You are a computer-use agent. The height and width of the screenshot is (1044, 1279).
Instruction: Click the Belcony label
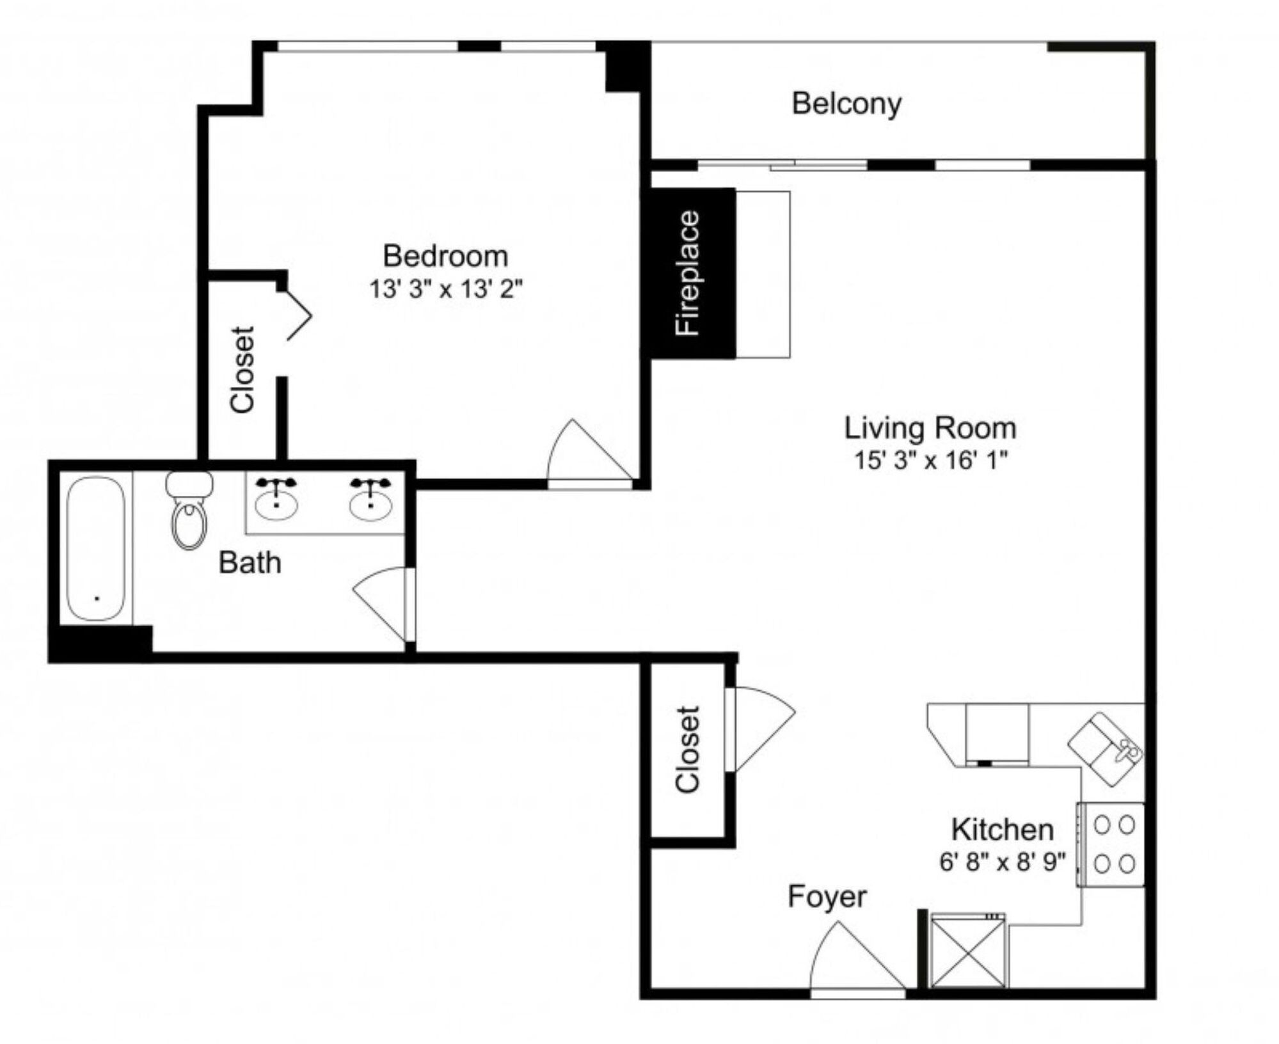846,104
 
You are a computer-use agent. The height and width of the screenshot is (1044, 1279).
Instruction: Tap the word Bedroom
445,256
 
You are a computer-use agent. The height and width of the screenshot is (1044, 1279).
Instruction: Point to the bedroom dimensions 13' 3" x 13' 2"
446,289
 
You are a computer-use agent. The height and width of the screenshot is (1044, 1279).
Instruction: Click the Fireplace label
688,273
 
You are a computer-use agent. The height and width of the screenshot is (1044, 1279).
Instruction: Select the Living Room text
930,428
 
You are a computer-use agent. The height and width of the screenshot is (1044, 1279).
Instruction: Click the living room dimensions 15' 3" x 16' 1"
931,460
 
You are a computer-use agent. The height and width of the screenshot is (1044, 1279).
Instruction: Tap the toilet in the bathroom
189,510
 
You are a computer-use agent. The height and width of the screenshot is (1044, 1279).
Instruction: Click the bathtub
96,548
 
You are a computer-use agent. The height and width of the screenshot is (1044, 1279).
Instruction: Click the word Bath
250,563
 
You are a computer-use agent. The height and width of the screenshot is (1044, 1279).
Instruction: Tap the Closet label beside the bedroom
242,370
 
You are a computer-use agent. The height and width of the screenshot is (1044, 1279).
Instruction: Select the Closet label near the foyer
687,750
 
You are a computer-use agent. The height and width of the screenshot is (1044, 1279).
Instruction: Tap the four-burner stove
1111,844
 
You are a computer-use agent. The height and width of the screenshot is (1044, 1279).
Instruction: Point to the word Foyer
827,896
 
